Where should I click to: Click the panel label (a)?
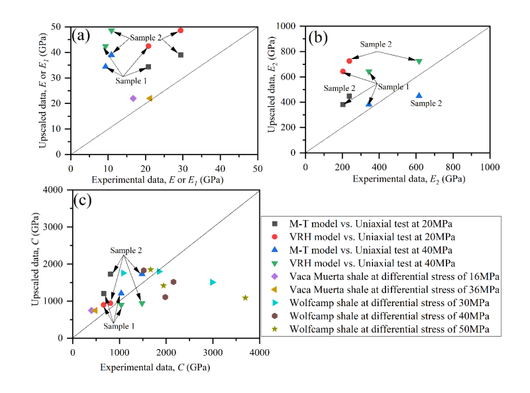[83, 36]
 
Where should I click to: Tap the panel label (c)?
[84, 201]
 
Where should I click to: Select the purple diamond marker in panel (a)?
[133, 98]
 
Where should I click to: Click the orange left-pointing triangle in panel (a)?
[149, 98]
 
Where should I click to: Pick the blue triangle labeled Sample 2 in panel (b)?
[419, 95]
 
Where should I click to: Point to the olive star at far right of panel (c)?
[245, 298]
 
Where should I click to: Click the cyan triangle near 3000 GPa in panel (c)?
[213, 282]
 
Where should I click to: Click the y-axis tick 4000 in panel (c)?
[58, 190]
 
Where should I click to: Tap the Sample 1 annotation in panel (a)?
[131, 81]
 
